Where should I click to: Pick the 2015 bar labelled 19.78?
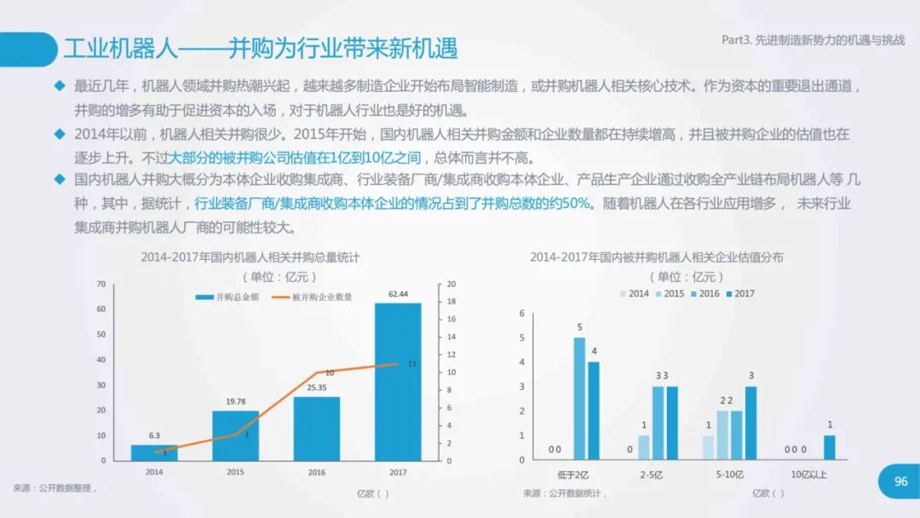coord(235,435)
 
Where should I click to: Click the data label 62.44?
coord(398,294)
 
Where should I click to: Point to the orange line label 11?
coord(412,364)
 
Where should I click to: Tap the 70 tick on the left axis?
coord(101,284)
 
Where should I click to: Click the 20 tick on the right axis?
coord(452,284)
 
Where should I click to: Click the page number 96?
coord(901,482)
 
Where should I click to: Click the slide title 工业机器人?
coord(120,48)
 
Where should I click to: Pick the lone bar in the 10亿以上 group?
coord(830,447)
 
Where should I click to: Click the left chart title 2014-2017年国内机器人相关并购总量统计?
coord(250,256)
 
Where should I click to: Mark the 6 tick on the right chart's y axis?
coord(522,314)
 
